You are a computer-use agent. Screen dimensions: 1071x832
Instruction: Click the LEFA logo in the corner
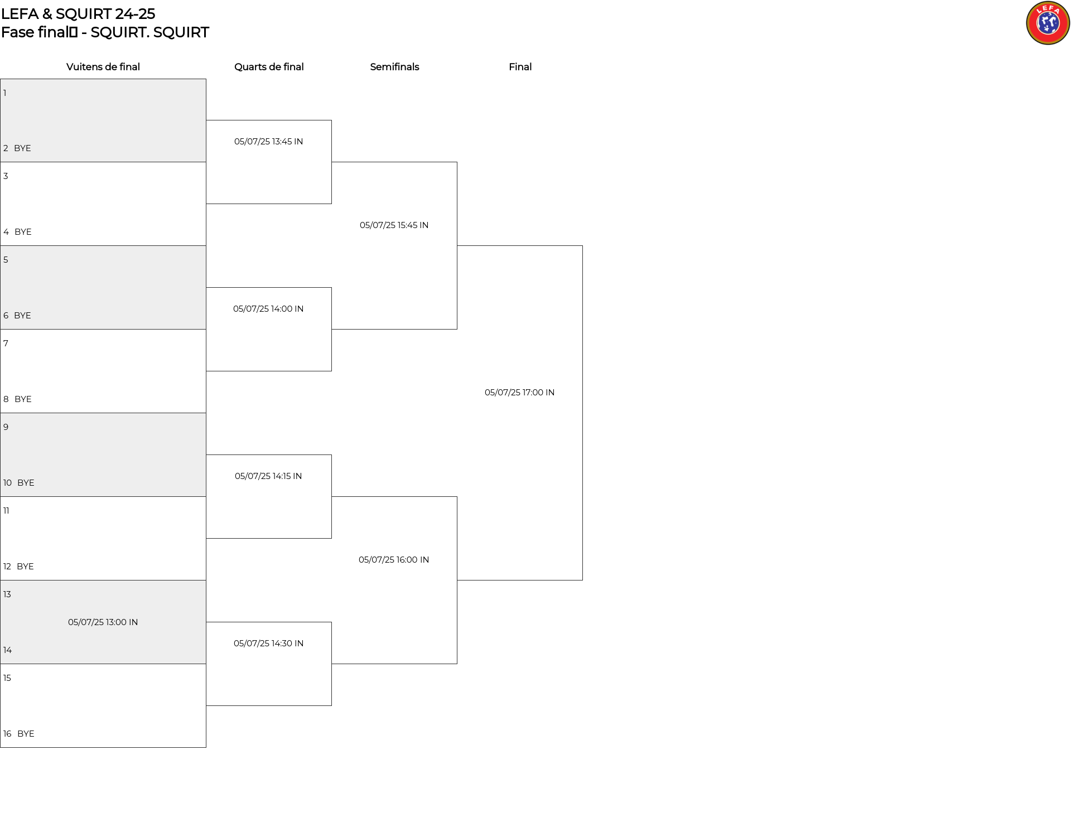pos(1048,23)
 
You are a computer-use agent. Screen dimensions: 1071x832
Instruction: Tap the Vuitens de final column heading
pos(103,67)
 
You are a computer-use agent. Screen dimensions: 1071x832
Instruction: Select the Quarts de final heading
pos(269,67)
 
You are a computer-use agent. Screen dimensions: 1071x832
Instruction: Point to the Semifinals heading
pos(394,67)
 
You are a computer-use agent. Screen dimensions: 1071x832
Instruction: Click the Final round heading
pos(520,67)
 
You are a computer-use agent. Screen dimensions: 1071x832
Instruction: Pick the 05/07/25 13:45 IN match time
pos(269,142)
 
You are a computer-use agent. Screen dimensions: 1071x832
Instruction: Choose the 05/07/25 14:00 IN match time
pos(268,309)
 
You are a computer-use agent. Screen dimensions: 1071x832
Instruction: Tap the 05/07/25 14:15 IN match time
pos(268,476)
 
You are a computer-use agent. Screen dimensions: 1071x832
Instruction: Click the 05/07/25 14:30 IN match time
pos(269,644)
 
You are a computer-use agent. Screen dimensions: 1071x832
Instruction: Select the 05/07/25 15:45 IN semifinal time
pos(394,225)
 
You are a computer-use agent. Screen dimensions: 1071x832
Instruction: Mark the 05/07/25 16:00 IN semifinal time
pos(394,560)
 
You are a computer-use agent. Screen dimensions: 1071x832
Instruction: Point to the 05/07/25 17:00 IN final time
pos(520,393)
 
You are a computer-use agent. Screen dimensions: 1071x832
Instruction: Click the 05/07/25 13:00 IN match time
pos(103,622)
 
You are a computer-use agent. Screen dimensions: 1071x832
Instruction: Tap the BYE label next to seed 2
pos(22,148)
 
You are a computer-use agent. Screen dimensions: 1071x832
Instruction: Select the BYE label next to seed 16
pos(26,734)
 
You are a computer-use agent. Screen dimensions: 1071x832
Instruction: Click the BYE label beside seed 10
pos(26,483)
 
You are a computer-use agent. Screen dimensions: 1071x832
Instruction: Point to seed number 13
pos(7,594)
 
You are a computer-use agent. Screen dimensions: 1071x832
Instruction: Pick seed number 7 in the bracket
pos(6,344)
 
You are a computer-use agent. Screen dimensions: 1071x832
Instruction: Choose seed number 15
pos(7,678)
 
